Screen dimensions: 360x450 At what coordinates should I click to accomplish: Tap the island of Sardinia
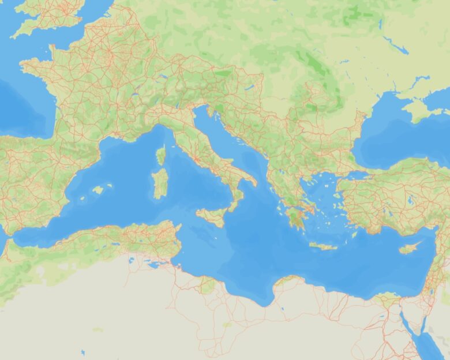160,183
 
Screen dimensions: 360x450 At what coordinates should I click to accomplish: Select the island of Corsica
161,155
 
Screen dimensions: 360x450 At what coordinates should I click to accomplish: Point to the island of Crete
323,246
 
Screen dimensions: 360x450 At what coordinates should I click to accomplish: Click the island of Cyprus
409,247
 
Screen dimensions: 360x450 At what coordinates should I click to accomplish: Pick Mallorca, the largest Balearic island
99,189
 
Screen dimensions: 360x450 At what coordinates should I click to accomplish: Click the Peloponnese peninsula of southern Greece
294,219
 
